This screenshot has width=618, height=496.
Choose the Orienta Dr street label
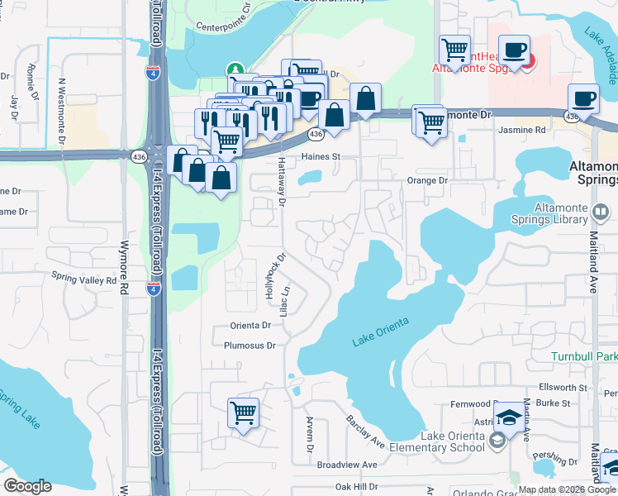pos(251,327)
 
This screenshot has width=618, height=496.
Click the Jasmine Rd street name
pos(522,131)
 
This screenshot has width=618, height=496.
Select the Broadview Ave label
pos(347,465)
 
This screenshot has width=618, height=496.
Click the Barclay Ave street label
pos(366,432)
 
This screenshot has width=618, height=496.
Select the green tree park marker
pos(235,69)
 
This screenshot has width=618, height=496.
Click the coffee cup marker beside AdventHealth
pos(514,50)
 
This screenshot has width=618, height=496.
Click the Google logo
pos(29,485)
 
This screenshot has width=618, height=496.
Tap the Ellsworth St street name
pos(562,386)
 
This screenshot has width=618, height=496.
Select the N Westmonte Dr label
pos(62,104)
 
